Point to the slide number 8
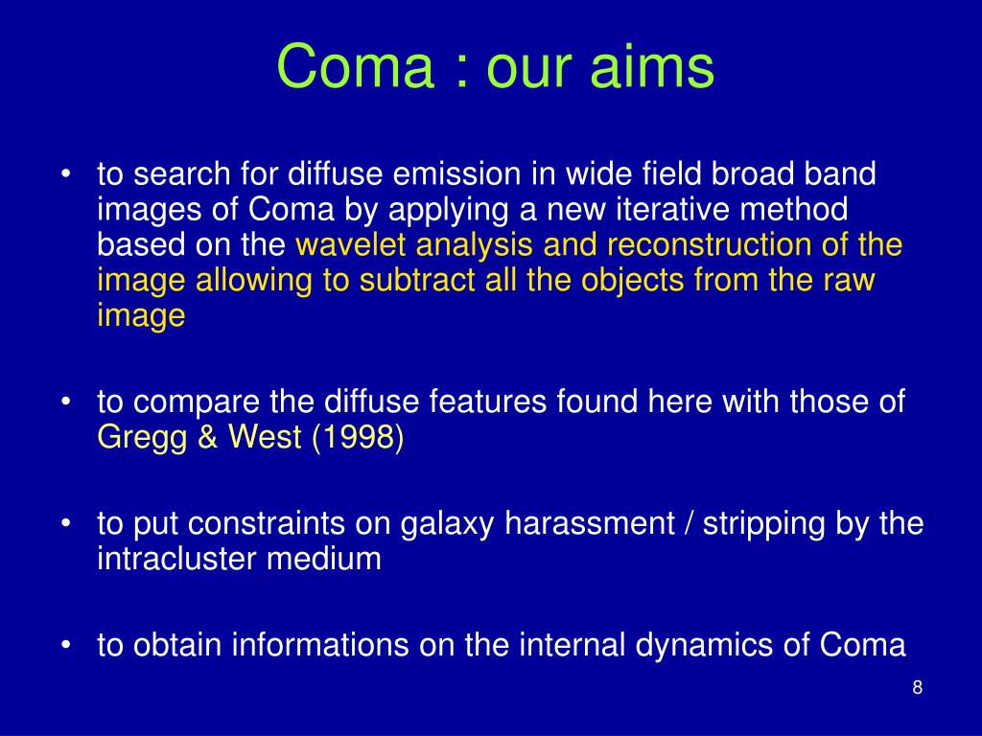pos(917,687)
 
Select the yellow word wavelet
pos(351,244)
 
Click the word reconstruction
pos(709,244)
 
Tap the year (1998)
pos(358,437)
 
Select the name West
pos(265,436)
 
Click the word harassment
pos(590,523)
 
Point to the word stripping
pos(763,524)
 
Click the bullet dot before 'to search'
pos(66,174)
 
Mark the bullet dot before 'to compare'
pos(66,402)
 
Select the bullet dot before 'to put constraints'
pos(66,524)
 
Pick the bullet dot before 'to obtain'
pos(66,646)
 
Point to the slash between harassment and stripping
pos(689,524)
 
